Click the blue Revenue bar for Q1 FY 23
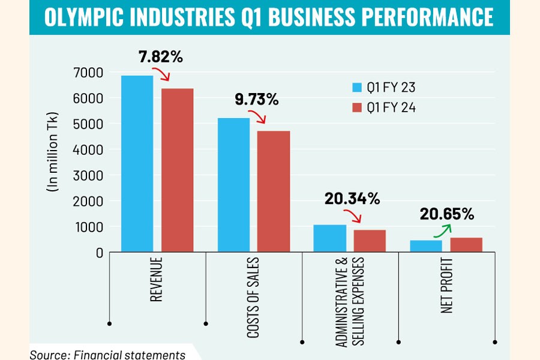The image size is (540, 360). pos(137,163)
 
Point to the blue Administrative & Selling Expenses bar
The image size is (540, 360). pos(329,238)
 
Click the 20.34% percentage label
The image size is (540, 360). pos(352,199)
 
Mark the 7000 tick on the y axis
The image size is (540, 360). pos(90,73)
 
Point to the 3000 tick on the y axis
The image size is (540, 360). pos(90,176)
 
